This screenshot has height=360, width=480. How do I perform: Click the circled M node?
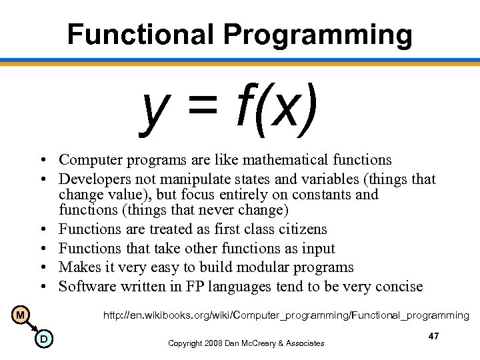20,314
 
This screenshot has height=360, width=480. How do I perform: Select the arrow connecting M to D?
31,327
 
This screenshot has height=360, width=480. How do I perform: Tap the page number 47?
433,337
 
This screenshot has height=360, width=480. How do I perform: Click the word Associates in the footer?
303,343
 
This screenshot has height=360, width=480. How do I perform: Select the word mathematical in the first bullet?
285,160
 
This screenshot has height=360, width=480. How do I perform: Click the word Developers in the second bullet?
92,179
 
